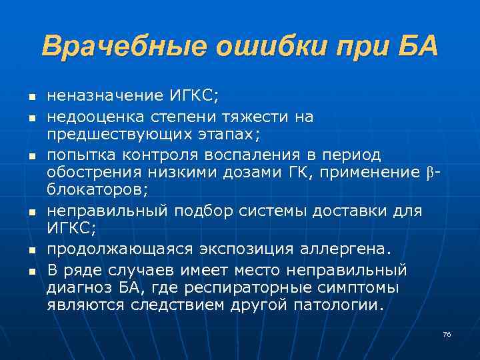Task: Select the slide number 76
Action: pyautogui.click(x=447, y=334)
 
